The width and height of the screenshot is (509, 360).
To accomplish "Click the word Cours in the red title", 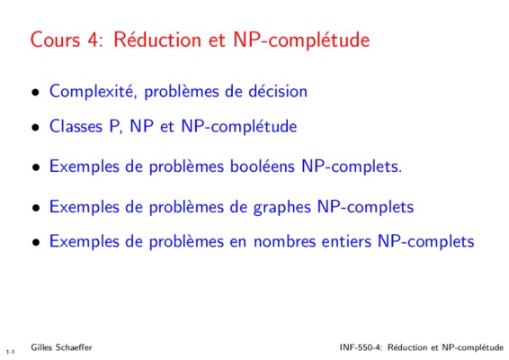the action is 55,40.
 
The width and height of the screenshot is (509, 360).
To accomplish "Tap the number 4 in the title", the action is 94,40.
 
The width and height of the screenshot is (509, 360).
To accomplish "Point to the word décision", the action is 278,91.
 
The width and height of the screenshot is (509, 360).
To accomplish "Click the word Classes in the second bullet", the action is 76,126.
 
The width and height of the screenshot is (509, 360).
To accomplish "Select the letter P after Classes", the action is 114,126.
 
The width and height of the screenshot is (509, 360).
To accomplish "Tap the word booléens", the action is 263,166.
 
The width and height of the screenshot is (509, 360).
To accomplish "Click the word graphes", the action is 281,207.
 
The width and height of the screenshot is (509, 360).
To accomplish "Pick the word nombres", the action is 284,241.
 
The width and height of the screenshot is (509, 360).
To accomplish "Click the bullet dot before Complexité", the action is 36,93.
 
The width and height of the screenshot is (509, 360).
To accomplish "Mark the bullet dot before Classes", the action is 36,128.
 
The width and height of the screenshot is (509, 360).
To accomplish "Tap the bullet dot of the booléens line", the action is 36,167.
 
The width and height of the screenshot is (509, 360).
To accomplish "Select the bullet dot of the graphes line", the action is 36,208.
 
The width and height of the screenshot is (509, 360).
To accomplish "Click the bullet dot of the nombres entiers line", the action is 36,243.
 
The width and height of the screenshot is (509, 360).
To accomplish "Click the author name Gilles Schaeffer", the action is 61,347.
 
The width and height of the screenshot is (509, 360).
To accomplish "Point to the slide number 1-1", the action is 10,352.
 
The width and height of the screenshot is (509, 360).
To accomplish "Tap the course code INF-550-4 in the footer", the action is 362,347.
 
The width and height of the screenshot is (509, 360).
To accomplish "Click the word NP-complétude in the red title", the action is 301,40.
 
